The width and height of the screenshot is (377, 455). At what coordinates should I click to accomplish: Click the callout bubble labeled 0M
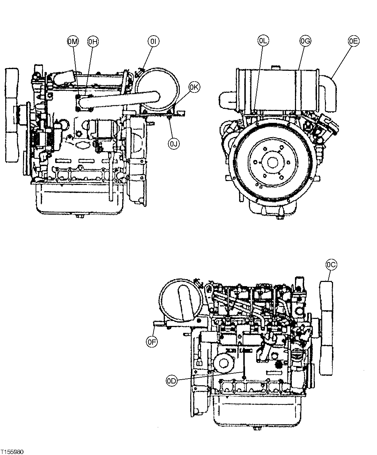[73, 42]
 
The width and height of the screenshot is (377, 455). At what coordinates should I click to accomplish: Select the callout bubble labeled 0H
[93, 42]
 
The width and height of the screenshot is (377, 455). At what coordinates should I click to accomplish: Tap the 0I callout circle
[153, 42]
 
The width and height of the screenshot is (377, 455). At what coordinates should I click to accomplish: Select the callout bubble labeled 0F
[152, 342]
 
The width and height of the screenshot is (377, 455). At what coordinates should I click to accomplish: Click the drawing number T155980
[12, 452]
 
